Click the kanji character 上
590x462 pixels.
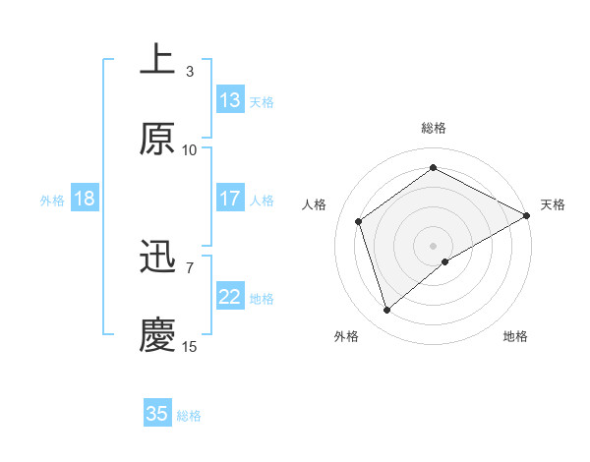coord(157,60)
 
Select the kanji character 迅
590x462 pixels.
coord(157,259)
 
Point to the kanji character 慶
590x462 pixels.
coord(157,335)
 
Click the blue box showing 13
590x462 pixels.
coord(230,100)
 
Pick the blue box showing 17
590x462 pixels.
coord(230,199)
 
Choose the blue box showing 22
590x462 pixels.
coord(230,298)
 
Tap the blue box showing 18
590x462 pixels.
coord(85,199)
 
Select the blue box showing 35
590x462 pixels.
coord(157,414)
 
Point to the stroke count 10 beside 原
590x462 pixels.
coord(190,149)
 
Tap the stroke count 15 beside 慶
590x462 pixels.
coord(190,346)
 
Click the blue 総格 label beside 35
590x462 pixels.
coord(189,415)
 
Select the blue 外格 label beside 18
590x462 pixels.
coord(52,200)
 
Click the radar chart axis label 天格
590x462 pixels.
coord(553,204)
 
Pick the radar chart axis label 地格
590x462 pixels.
coord(515,336)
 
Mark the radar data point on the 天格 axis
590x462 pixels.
coord(527,214)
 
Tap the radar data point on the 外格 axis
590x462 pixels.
coord(386,311)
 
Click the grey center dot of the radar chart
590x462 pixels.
coord(433,244)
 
